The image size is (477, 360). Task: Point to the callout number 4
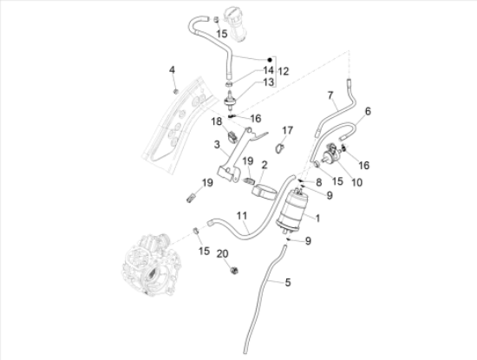(x=172, y=69)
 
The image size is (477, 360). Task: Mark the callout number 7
(x=330, y=94)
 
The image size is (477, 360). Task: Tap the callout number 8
(x=318, y=182)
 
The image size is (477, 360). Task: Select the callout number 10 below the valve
(x=357, y=182)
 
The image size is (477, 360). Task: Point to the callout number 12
(x=283, y=70)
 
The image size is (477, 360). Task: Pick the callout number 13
(x=268, y=82)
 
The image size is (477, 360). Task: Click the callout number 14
(x=268, y=69)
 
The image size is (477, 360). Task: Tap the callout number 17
(x=288, y=131)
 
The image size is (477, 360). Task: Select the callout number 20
(x=222, y=252)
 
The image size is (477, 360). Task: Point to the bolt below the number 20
(x=232, y=272)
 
